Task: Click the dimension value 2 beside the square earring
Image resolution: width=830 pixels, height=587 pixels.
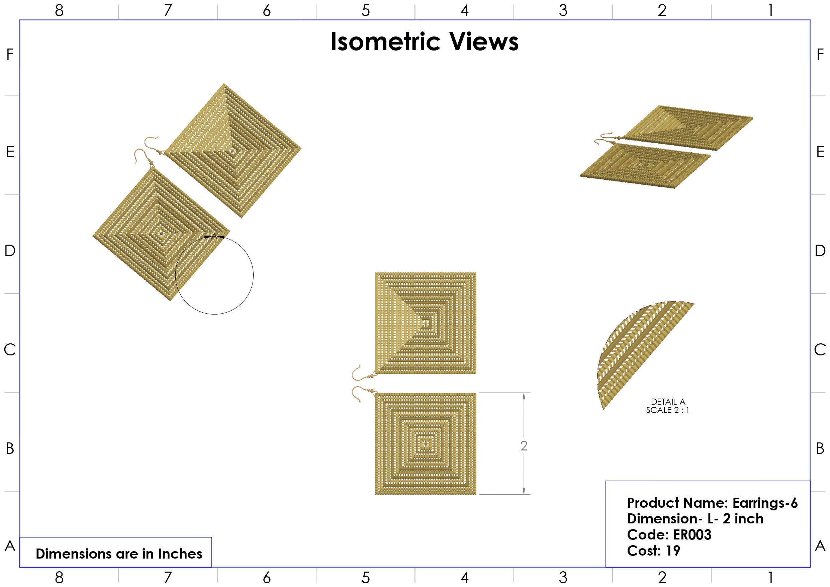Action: (524, 446)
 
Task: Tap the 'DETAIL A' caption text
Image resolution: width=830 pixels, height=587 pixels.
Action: (668, 402)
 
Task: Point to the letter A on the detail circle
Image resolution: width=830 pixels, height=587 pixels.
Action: (214, 236)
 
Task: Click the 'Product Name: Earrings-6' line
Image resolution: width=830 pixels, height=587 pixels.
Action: (712, 503)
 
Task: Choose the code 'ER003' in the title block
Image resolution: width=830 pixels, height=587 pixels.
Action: (692, 535)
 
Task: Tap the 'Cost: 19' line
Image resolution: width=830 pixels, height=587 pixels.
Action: (653, 551)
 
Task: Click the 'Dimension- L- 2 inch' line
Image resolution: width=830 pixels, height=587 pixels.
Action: (695, 519)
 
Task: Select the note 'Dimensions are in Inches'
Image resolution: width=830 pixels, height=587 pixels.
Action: (119, 554)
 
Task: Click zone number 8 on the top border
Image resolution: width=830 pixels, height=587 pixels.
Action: (59, 10)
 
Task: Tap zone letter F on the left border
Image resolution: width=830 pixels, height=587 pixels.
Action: (10, 55)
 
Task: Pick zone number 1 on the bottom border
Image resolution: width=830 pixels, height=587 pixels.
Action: (771, 578)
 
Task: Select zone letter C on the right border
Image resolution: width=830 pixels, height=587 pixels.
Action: (820, 350)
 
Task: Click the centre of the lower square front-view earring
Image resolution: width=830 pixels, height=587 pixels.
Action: (426, 443)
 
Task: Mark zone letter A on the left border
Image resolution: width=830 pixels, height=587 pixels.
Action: (10, 546)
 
